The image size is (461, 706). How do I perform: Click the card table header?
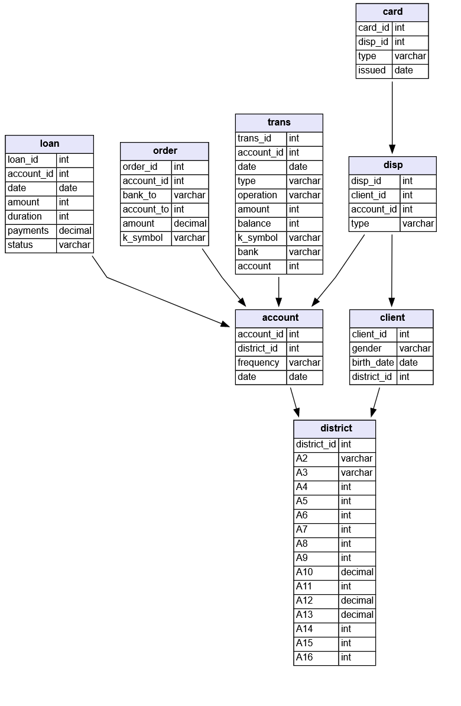click(x=392, y=12)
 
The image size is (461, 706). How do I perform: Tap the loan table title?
click(x=49, y=144)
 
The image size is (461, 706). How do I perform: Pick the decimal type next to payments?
click(x=75, y=231)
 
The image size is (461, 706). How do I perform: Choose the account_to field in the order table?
click(x=146, y=209)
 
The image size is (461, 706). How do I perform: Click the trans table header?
click(x=279, y=122)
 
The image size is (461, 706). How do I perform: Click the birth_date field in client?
click(x=373, y=363)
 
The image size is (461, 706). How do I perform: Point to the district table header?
click(x=335, y=428)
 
